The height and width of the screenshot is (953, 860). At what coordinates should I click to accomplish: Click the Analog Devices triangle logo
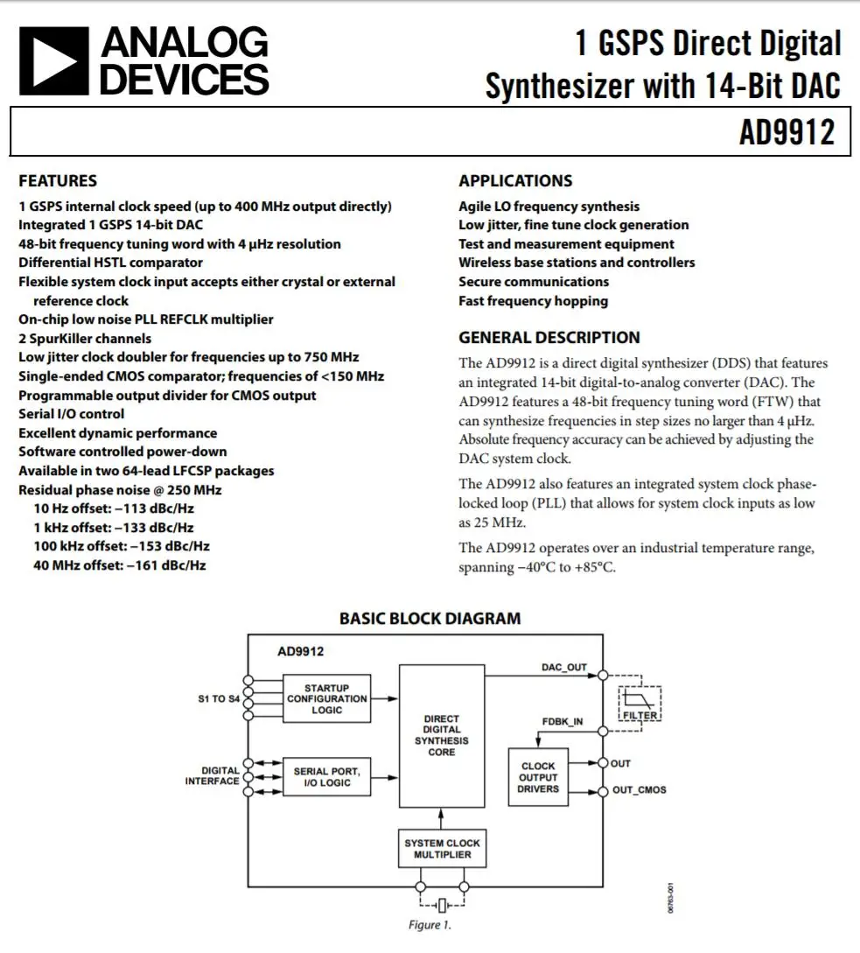[53, 60]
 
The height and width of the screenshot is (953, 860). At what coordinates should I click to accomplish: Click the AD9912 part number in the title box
[787, 133]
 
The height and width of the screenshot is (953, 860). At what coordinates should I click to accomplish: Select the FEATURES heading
[58, 181]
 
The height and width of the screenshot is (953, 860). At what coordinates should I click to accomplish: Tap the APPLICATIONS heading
[515, 181]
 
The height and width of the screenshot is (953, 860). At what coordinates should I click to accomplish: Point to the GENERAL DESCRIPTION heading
[549, 338]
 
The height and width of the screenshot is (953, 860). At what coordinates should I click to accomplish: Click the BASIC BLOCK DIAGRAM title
[430, 619]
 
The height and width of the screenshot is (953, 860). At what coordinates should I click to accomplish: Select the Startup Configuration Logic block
[327, 698]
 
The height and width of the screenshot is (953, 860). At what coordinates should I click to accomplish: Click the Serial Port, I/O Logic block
[327, 777]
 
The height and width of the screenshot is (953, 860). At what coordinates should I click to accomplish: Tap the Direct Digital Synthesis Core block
[442, 735]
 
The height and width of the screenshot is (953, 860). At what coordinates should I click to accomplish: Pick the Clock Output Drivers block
[538, 777]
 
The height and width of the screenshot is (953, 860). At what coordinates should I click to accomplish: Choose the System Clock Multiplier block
[442, 849]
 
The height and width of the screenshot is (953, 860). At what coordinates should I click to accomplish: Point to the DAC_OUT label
[564, 668]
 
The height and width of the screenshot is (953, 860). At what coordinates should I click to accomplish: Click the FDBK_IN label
[563, 722]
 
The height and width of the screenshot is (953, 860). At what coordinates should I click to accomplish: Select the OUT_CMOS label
[639, 790]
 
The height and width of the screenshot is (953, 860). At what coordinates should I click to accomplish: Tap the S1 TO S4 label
[219, 699]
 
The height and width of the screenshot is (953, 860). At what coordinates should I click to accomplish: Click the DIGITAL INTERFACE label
[212, 776]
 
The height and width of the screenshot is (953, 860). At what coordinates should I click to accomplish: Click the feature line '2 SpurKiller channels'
[85, 339]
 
